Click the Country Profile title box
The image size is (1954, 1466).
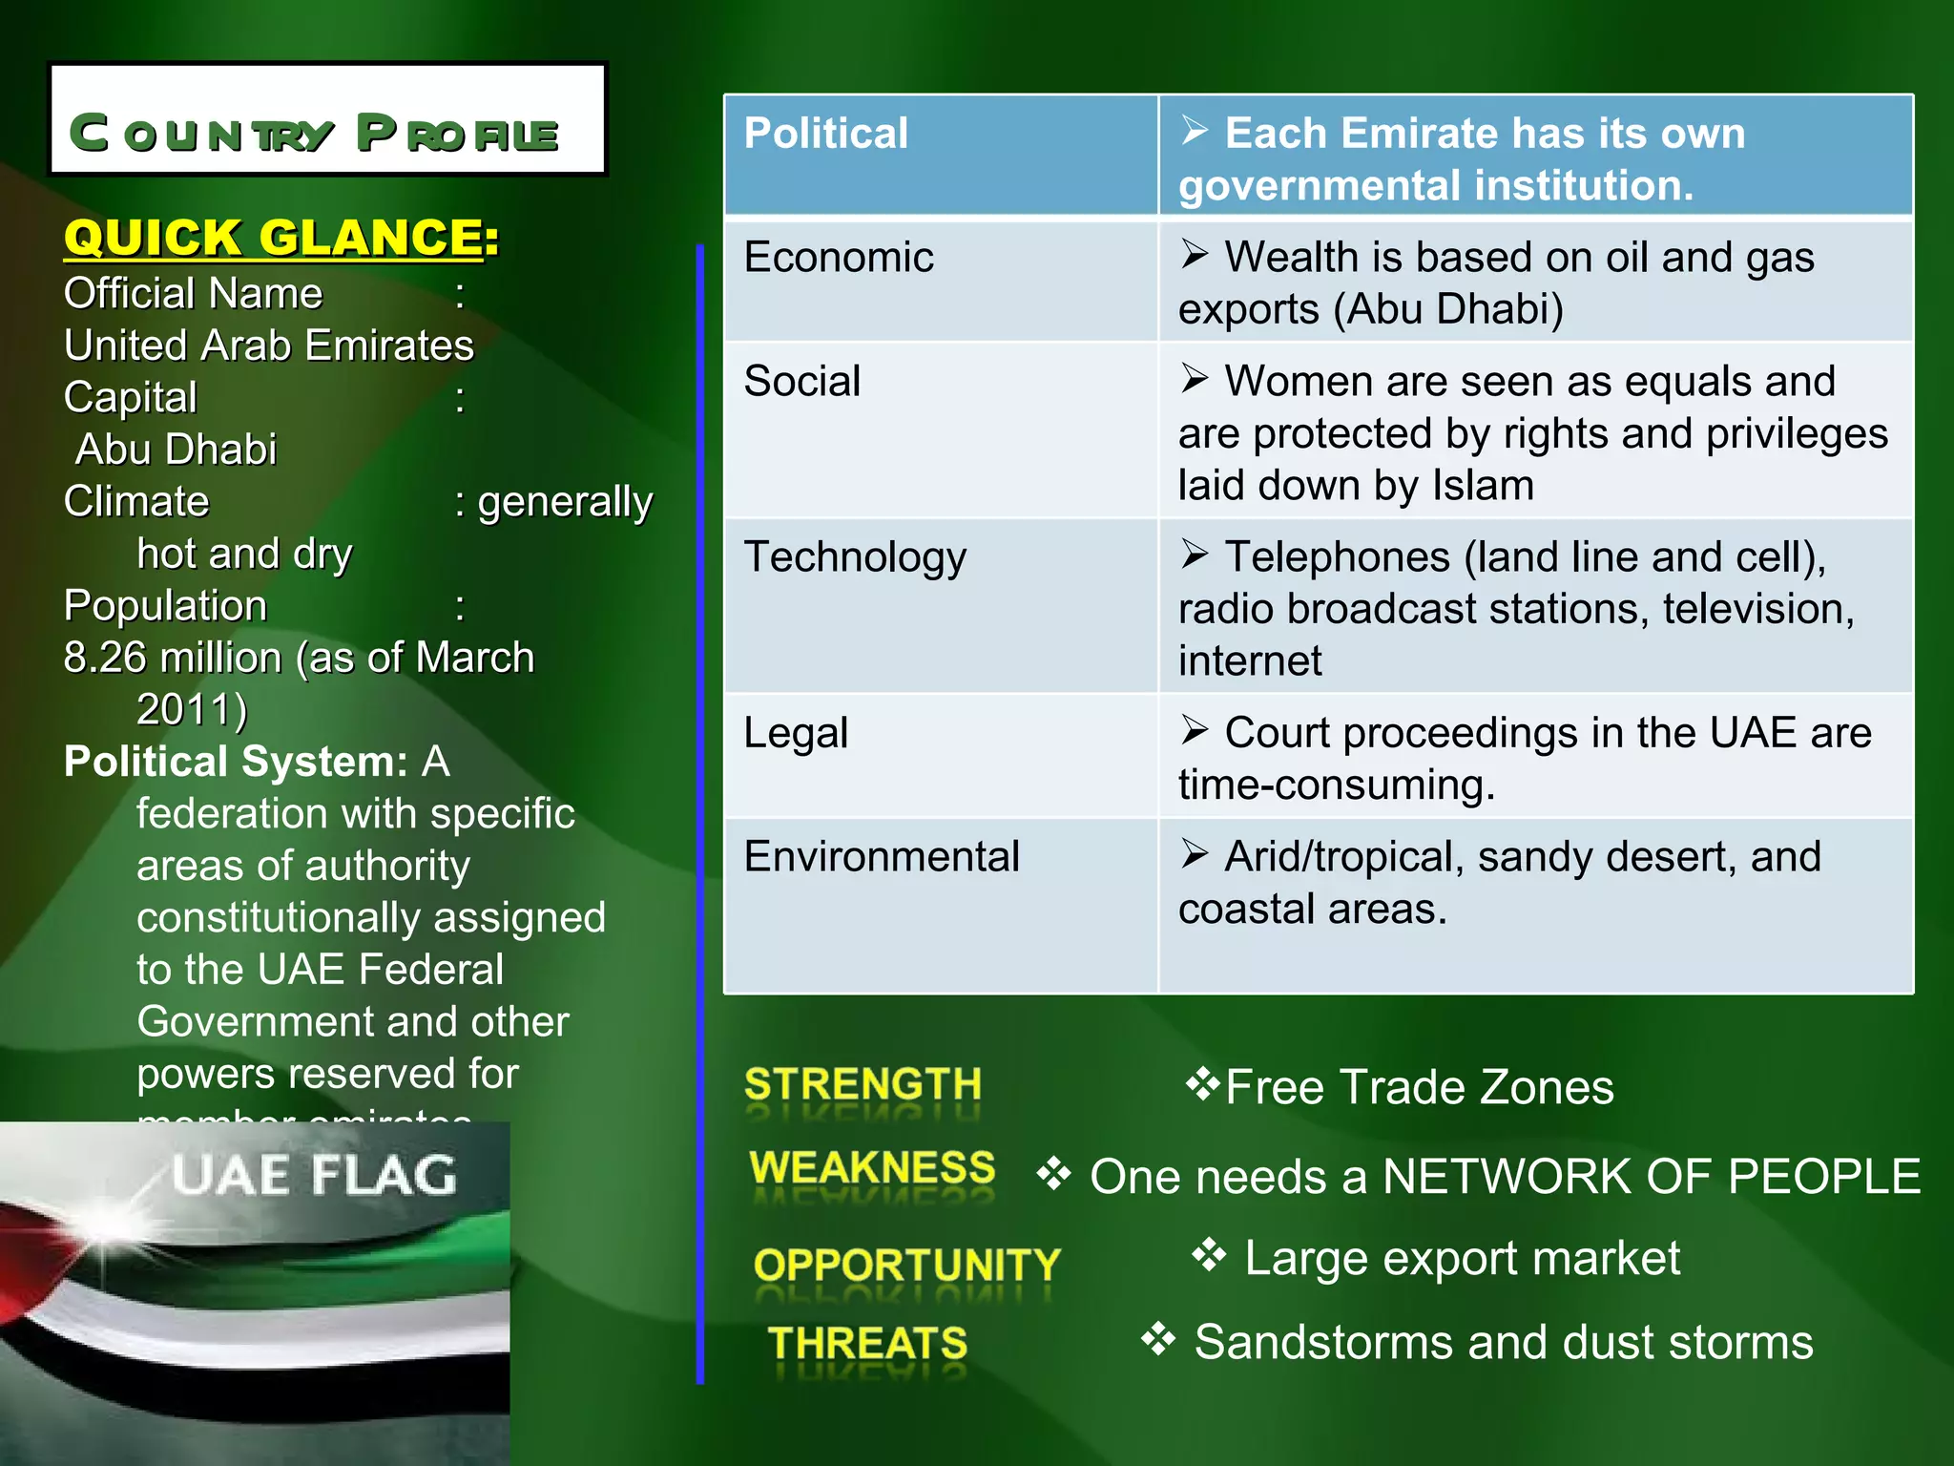pyautogui.click(x=327, y=119)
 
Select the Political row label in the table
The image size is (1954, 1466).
pyautogui.click(x=825, y=134)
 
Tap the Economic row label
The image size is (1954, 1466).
pyautogui.click(x=838, y=258)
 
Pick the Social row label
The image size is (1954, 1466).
pyautogui.click(x=801, y=382)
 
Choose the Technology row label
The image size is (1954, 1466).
pyautogui.click(x=855, y=557)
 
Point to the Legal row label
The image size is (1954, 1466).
pyautogui.click(x=796, y=733)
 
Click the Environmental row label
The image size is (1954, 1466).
pyautogui.click(x=882, y=857)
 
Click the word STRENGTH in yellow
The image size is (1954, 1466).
pyautogui.click(x=863, y=1085)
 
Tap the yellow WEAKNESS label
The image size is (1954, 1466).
pyautogui.click(x=872, y=1168)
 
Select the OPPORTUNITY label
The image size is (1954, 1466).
pyautogui.click(x=906, y=1266)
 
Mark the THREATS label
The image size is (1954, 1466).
pyautogui.click(x=867, y=1344)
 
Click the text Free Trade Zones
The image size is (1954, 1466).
pyautogui.click(x=1419, y=1088)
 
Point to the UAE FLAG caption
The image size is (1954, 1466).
pyautogui.click(x=314, y=1175)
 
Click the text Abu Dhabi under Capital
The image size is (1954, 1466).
pyautogui.click(x=177, y=450)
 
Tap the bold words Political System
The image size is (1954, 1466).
pyautogui.click(x=236, y=763)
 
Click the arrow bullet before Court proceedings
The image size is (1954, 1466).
pyautogui.click(x=1194, y=730)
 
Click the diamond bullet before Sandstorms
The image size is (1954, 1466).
pyautogui.click(x=1158, y=1339)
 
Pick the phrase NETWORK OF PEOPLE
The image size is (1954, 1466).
pyautogui.click(x=1651, y=1177)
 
